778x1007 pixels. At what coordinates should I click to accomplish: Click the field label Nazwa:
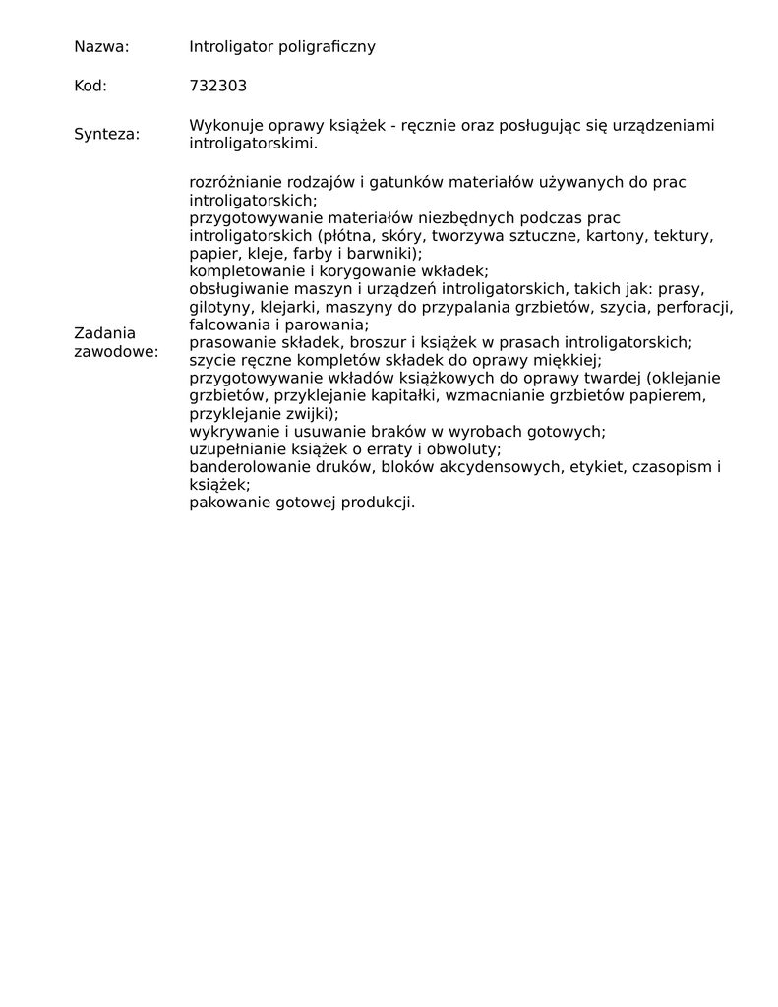tap(101, 46)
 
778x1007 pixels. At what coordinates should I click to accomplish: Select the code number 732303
tap(217, 86)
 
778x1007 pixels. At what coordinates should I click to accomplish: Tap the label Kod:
tap(90, 86)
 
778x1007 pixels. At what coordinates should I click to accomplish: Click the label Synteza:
tap(106, 134)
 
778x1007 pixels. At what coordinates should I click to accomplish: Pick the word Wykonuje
tap(221, 125)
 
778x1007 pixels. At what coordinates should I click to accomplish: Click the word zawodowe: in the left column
tap(115, 351)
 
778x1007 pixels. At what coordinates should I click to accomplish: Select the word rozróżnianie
tap(235, 182)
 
